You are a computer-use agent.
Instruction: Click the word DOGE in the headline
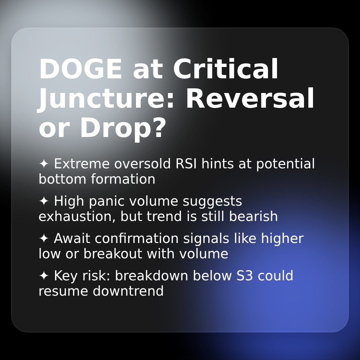point(80,70)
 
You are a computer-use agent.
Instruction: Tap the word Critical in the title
point(225,70)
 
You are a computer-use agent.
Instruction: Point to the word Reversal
point(250,99)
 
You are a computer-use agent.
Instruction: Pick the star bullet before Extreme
point(44,164)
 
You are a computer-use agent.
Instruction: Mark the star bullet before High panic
point(44,201)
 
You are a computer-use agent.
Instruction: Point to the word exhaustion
point(77,217)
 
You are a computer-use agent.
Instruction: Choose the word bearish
point(253,217)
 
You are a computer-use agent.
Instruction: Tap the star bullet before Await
point(44,239)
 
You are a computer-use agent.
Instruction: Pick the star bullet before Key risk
point(44,276)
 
